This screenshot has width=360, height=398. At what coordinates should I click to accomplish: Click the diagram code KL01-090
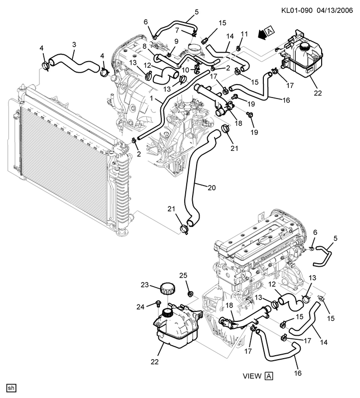[x=297, y=10]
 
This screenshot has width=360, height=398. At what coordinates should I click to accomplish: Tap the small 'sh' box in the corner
[x=11, y=388]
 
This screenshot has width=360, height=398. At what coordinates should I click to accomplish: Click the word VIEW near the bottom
[x=252, y=376]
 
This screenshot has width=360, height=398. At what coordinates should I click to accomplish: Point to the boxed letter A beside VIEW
[x=268, y=376]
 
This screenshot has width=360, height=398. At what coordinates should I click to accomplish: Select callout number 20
[x=212, y=188]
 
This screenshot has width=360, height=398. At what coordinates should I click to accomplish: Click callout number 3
[x=74, y=45]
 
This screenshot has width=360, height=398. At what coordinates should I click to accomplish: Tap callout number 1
[x=152, y=98]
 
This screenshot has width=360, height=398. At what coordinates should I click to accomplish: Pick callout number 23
[x=145, y=285]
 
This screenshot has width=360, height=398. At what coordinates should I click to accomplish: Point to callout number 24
[x=140, y=307]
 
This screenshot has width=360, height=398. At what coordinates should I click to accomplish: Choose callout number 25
[x=183, y=276]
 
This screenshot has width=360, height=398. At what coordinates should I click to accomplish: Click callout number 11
[x=244, y=34]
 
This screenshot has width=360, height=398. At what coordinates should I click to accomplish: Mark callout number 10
[x=186, y=70]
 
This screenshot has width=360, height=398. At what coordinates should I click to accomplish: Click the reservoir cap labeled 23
[x=168, y=289]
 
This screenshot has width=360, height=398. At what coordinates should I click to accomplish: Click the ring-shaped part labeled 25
[x=190, y=294]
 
